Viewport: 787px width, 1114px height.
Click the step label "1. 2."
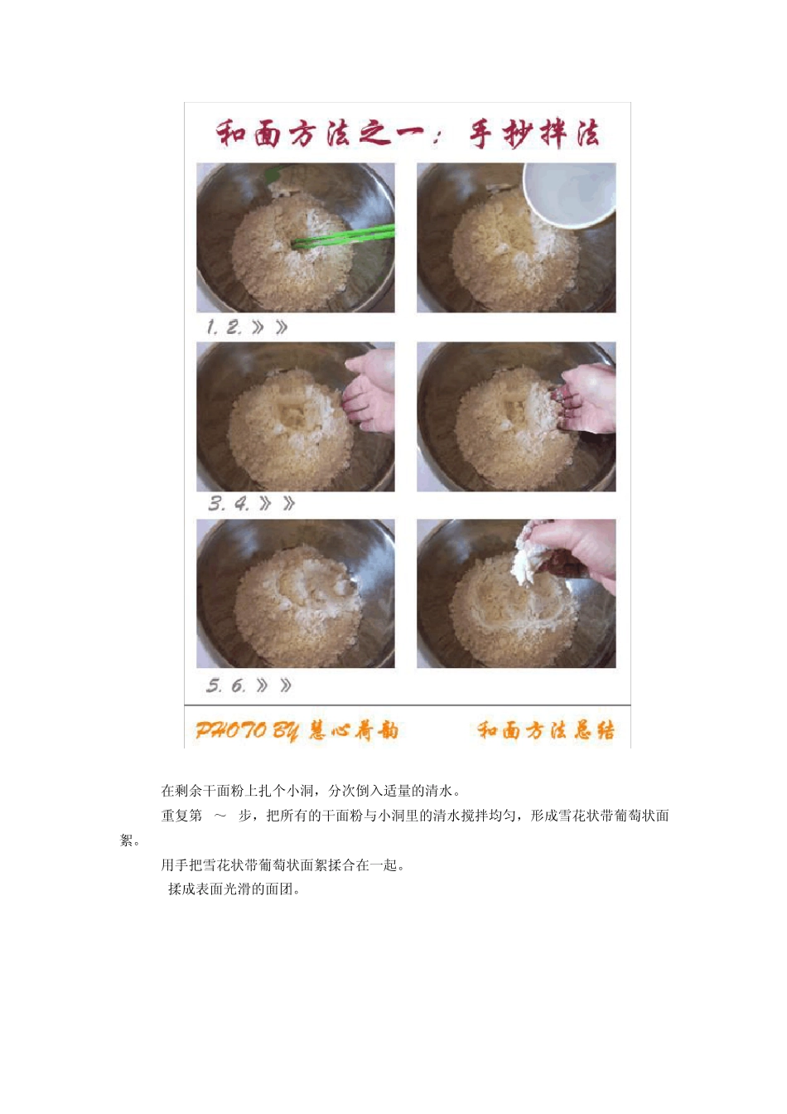[x=225, y=327]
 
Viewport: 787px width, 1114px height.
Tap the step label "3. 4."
[x=229, y=504]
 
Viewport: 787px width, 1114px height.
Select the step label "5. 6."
[x=226, y=685]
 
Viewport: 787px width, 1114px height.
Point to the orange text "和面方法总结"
[x=545, y=730]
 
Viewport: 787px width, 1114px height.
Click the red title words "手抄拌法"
[x=534, y=133]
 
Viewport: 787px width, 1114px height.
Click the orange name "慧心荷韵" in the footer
[x=354, y=730]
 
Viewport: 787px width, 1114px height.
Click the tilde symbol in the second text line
[x=220, y=816]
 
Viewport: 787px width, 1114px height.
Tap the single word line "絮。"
[x=130, y=840]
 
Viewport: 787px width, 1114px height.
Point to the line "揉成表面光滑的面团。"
[x=234, y=889]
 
